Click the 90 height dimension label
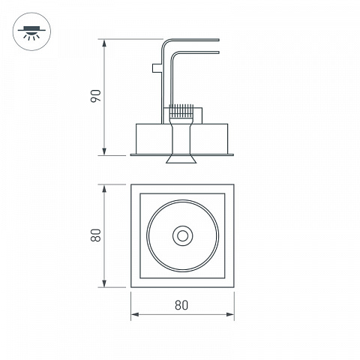click(x=96, y=96)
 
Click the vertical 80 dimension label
click(x=96, y=235)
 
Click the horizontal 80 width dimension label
click(x=181, y=305)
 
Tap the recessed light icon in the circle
click(x=31, y=32)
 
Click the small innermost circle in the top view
click(x=183, y=235)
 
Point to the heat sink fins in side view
click(x=181, y=111)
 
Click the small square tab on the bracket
click(x=157, y=67)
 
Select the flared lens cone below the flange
click(x=181, y=159)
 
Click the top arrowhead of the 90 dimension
click(x=104, y=43)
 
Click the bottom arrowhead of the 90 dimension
click(x=104, y=151)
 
